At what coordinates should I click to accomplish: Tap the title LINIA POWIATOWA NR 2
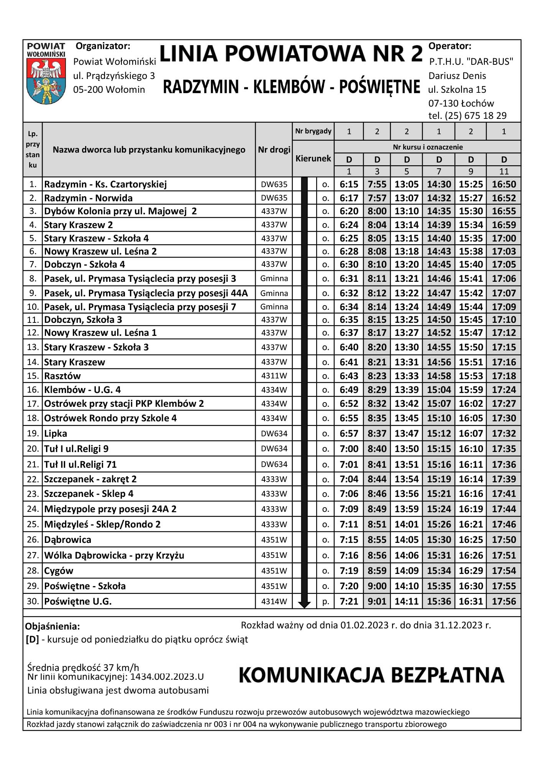[291, 54]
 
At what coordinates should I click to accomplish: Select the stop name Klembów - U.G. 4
[82, 390]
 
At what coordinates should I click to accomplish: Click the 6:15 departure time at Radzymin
[349, 184]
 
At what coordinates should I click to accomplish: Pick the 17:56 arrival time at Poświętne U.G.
[504, 601]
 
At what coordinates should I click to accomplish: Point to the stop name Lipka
[56, 434]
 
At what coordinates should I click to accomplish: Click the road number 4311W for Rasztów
[274, 376]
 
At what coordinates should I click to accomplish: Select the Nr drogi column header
[274, 150]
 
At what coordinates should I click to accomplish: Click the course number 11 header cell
[504, 171]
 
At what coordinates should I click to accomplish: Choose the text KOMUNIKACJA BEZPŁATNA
[371, 675]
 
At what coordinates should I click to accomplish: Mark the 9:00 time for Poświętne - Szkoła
[377, 586]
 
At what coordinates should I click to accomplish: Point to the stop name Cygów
[59, 571]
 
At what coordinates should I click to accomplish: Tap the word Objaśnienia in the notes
[53, 626]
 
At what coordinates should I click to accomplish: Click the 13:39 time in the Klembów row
[406, 390]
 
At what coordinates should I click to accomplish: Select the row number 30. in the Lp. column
[33, 601]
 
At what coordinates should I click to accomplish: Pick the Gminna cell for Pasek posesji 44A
[274, 293]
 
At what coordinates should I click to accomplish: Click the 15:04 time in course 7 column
[439, 390]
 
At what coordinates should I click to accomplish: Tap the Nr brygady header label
[313, 131]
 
